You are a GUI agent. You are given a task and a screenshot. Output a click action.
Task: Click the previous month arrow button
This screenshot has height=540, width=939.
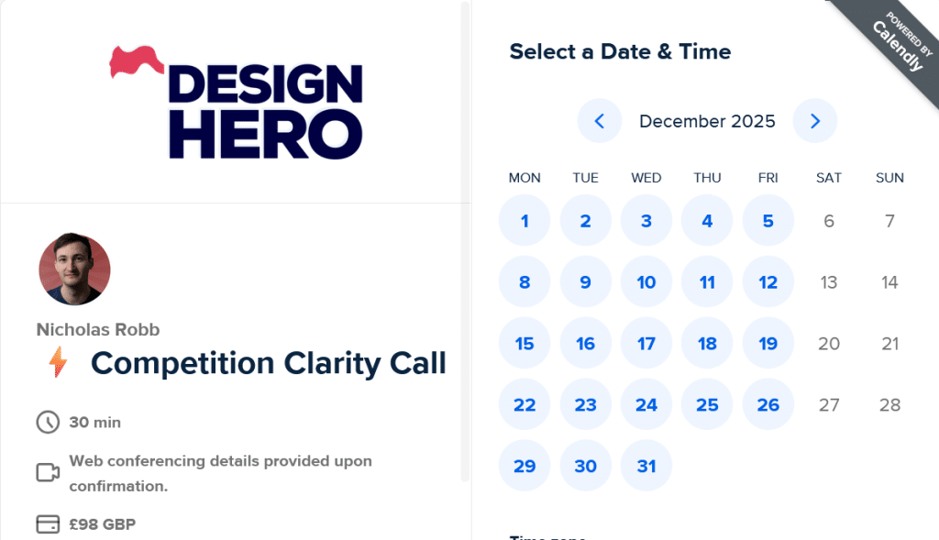pos(600,121)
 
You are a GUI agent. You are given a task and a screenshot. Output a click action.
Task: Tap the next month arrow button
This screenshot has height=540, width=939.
pos(815,121)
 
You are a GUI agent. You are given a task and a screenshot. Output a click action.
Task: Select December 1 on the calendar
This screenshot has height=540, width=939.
pos(525,221)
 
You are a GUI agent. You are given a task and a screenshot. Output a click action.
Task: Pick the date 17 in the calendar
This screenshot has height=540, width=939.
pos(646,344)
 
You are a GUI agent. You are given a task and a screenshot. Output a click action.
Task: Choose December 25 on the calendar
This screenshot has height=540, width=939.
pos(707,405)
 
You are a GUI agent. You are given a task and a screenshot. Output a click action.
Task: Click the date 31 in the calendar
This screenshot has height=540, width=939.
pos(646,466)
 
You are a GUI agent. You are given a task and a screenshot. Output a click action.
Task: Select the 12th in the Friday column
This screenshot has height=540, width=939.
pos(768,282)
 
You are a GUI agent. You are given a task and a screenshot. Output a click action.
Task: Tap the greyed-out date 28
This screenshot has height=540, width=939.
pos(889,405)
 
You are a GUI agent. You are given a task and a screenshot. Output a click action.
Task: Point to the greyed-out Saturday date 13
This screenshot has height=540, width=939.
pos(829,282)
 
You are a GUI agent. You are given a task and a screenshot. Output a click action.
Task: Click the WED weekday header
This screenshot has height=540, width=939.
pos(646,178)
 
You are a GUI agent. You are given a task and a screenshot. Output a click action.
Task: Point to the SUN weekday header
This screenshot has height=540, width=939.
pos(889,178)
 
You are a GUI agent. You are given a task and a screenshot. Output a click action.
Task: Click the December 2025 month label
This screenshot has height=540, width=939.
pos(707,121)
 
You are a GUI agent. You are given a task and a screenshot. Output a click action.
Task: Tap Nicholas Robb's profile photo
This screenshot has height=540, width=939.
pos(74,269)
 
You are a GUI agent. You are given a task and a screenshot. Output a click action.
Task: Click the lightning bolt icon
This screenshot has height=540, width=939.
pos(58,363)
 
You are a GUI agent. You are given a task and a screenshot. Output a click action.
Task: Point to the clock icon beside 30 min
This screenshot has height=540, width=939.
pos(47,423)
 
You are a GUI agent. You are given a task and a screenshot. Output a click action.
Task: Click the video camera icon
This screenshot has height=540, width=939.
pos(47,473)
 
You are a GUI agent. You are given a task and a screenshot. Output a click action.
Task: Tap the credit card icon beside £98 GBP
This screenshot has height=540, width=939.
pos(47,524)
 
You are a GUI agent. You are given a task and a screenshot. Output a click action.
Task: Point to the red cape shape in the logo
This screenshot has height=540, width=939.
pos(137,61)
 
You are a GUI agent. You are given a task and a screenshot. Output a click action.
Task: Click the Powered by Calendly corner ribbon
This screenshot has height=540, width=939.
pos(894,41)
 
